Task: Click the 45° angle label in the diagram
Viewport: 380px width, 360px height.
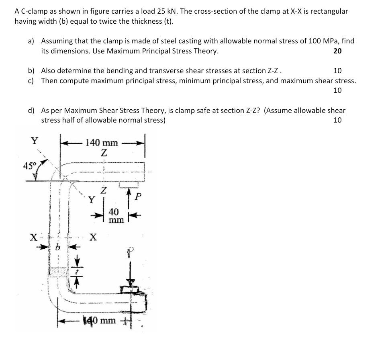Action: [29, 166]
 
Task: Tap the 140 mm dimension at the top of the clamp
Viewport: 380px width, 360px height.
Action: [102, 143]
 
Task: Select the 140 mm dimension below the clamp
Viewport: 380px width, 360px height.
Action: [100, 320]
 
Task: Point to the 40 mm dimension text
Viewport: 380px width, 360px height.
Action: [114, 215]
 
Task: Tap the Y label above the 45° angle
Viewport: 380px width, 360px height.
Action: [35, 141]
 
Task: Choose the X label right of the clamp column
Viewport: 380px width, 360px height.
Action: [93, 237]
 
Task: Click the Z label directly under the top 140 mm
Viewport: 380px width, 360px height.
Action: [104, 153]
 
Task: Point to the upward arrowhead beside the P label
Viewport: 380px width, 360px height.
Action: [129, 192]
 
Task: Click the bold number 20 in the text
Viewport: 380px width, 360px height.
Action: [337, 51]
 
